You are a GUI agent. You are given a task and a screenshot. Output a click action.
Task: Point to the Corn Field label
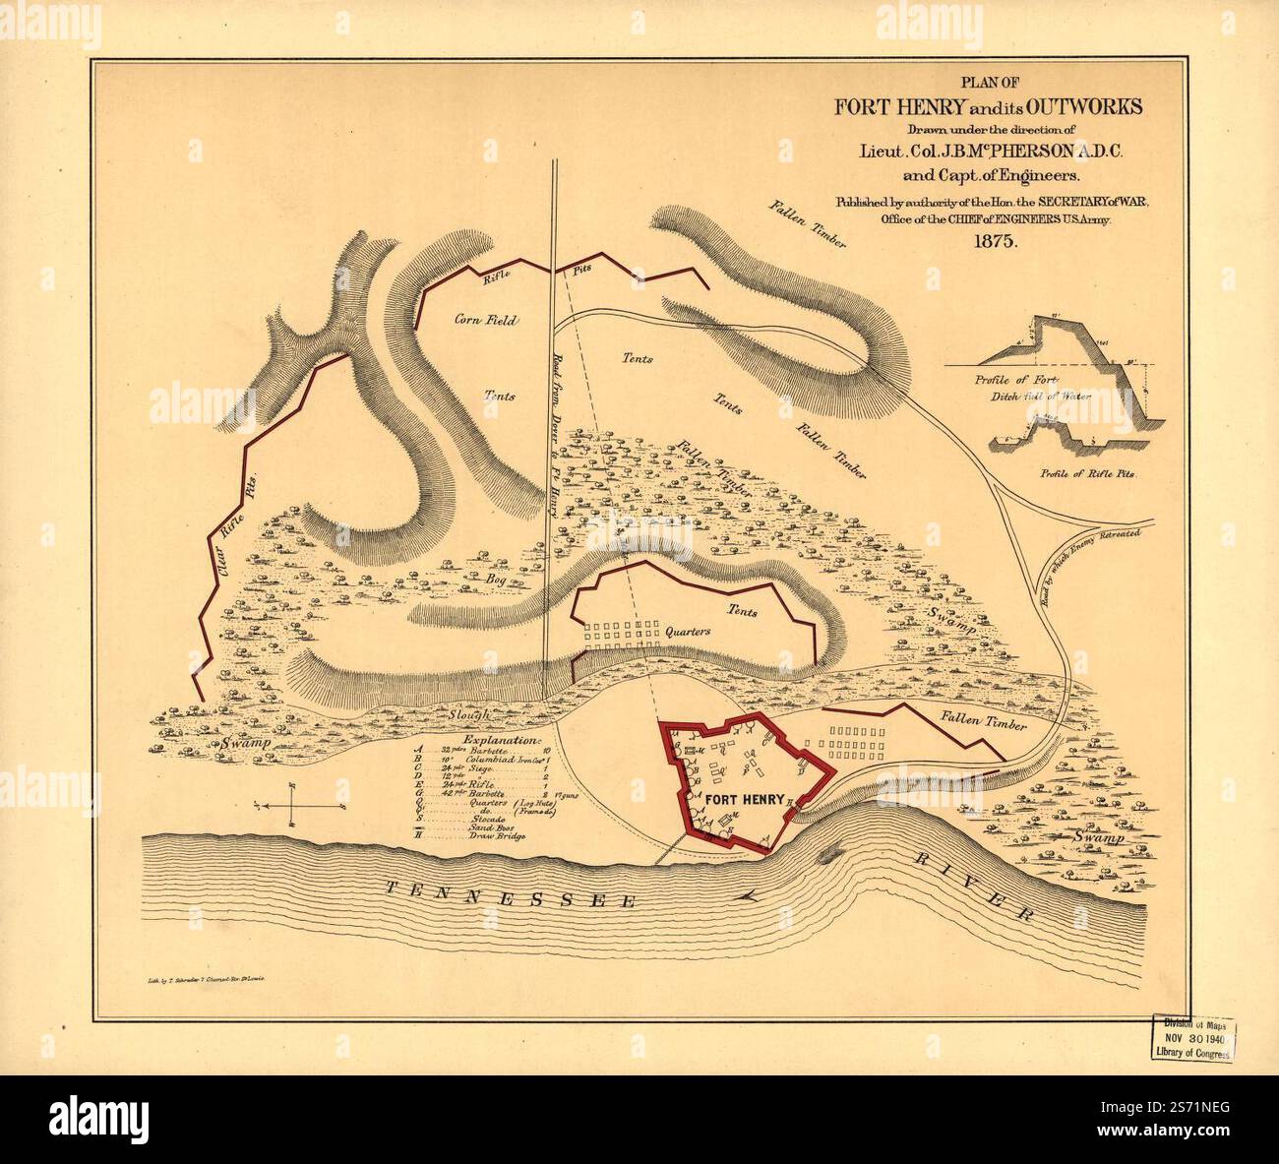tap(485, 320)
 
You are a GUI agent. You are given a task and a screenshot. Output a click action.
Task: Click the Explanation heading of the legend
tap(502, 739)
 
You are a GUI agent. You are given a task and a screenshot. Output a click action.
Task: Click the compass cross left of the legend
tap(293, 804)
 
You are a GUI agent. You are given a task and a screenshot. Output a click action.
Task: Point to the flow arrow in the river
tap(754, 895)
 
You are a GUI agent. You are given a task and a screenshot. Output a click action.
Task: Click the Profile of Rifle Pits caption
tap(1086, 473)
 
